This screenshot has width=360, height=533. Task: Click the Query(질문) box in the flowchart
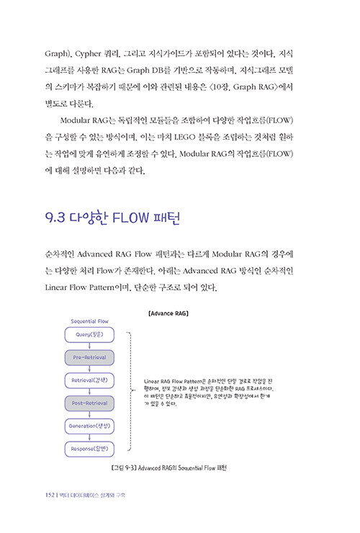pyautogui.click(x=89, y=335)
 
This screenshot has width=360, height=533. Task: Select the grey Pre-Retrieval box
pyautogui.click(x=89, y=357)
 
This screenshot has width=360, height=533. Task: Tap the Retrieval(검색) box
pyautogui.click(x=89, y=380)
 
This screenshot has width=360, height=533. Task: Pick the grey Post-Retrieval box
pyautogui.click(x=89, y=403)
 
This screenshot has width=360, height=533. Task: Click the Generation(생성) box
pyautogui.click(x=89, y=426)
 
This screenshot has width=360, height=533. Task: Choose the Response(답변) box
pyautogui.click(x=89, y=449)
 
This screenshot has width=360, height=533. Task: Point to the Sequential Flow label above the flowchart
pyautogui.click(x=89, y=321)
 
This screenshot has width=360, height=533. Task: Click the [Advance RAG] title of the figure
pyautogui.click(x=168, y=313)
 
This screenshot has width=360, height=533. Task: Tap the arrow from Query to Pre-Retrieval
pyautogui.click(x=89, y=346)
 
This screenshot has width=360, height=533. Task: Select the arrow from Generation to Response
pyautogui.click(x=89, y=437)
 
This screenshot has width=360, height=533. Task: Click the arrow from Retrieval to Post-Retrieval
pyautogui.click(x=89, y=392)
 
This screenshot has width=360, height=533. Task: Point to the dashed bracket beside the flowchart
pyautogui.click(x=130, y=391)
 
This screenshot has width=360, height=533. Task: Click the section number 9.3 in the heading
pyautogui.click(x=55, y=218)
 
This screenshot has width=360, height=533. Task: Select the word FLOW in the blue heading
pyautogui.click(x=130, y=218)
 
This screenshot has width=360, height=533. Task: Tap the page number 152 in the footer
pyautogui.click(x=50, y=495)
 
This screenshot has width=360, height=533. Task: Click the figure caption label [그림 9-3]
pyautogui.click(x=124, y=468)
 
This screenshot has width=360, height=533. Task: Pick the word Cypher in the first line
pyautogui.click(x=88, y=54)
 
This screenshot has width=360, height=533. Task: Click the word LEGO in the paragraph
pyautogui.click(x=184, y=137)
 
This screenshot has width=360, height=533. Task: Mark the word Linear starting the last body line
pyautogui.click(x=55, y=287)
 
